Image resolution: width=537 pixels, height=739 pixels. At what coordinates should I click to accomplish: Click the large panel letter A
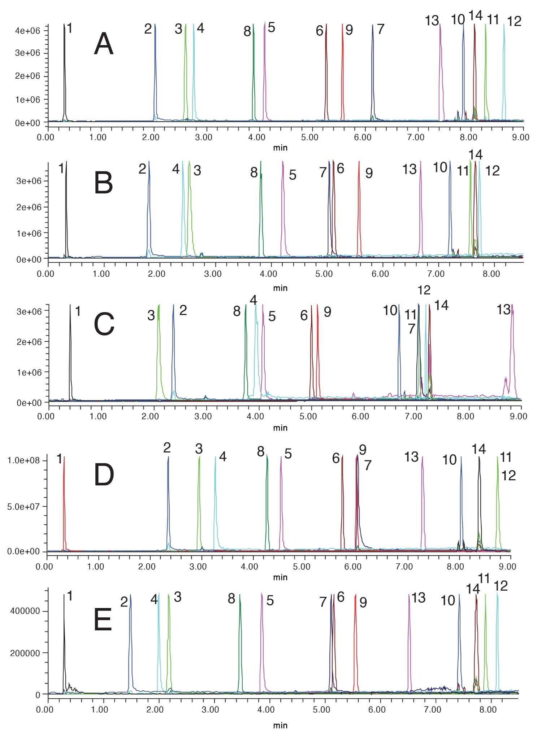104,44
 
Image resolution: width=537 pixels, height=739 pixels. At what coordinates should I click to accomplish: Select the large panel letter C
104,324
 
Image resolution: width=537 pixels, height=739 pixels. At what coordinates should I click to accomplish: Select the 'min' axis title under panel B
280,288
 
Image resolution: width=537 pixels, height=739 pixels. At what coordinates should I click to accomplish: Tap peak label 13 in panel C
504,310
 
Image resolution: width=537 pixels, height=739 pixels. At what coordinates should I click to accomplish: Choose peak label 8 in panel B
254,172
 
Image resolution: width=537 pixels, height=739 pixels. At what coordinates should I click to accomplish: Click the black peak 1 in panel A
64,72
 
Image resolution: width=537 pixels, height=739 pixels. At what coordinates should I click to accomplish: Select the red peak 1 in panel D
64,505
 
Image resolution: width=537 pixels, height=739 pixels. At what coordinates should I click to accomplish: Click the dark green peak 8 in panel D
267,505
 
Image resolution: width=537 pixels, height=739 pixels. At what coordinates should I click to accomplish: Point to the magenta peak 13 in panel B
421,209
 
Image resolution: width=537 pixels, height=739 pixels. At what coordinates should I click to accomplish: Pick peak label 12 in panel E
501,586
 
